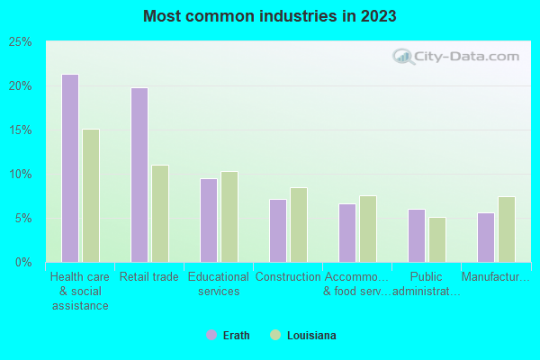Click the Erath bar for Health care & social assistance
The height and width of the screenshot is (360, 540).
tap(69, 168)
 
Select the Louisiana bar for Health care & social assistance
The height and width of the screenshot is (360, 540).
tap(91, 195)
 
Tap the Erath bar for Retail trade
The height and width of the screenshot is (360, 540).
tap(139, 175)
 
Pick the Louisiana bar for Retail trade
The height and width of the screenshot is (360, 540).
tap(160, 213)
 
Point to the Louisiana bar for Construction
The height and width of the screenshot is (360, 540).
tap(299, 225)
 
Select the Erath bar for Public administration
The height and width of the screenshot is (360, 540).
tap(416, 236)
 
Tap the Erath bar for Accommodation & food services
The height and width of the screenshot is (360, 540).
tap(346, 233)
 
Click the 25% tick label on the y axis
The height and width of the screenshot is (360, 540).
tap(21, 42)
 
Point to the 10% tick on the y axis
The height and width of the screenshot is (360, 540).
tap(21, 175)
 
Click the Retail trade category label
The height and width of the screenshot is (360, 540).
tap(149, 277)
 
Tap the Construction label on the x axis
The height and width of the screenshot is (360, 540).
tap(288, 277)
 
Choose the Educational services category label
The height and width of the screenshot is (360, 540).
tap(219, 284)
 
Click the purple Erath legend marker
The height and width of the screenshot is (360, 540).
tap(211, 336)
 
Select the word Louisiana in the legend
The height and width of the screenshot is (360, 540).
tap(311, 336)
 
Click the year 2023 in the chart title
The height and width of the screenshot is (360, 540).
tap(378, 16)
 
